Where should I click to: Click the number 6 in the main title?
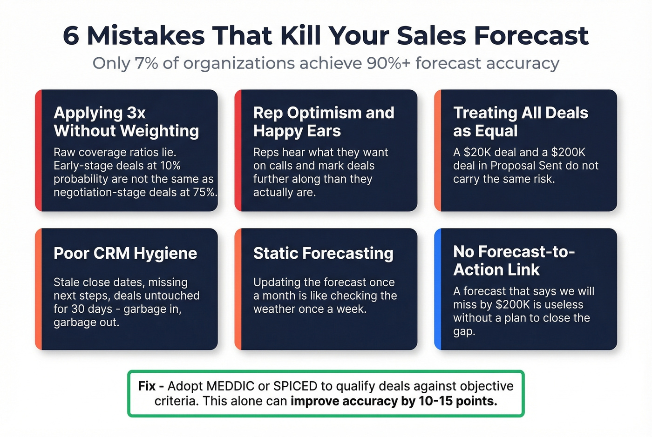tap(71, 36)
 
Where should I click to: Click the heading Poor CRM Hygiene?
tap(125, 253)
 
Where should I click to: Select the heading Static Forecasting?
tap(323, 253)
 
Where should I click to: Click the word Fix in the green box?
tap(147, 386)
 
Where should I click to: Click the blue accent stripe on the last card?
tap(438, 289)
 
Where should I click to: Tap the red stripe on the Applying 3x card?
tap(38, 150)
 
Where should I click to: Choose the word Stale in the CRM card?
tap(68, 282)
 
